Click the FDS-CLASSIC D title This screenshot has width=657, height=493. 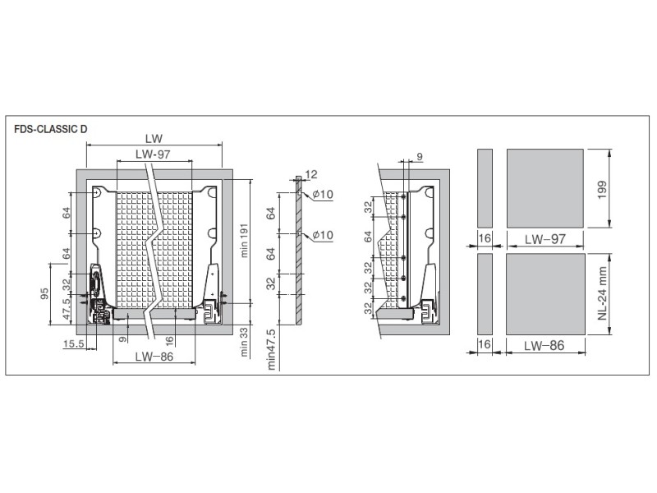[x=51, y=129]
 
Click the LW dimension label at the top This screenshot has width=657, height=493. [x=154, y=138]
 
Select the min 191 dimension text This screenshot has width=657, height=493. [x=245, y=240]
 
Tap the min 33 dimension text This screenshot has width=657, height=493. [x=245, y=342]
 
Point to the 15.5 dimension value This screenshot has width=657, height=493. [x=74, y=344]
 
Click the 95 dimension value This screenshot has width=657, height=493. [x=44, y=293]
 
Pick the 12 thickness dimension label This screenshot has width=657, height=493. [x=311, y=174]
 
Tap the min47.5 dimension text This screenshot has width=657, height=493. [x=272, y=349]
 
